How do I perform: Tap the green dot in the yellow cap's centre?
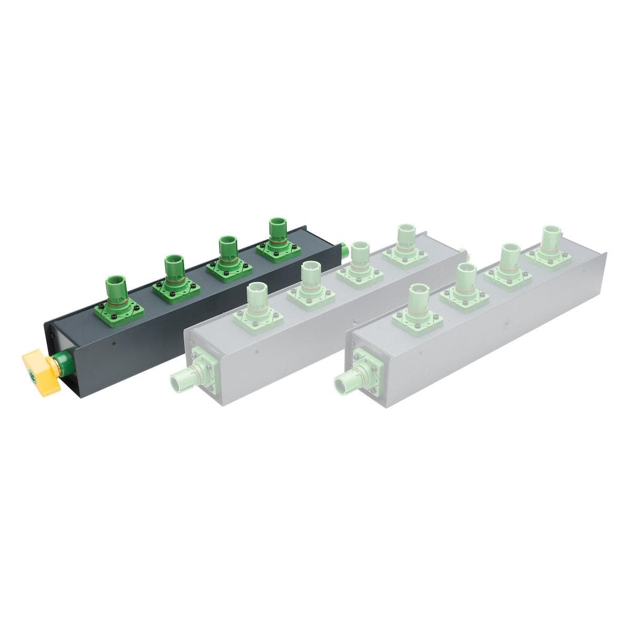pos(33,376)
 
